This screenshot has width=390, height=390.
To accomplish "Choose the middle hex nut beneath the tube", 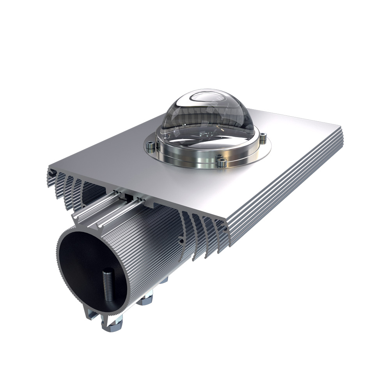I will tap(146, 300).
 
